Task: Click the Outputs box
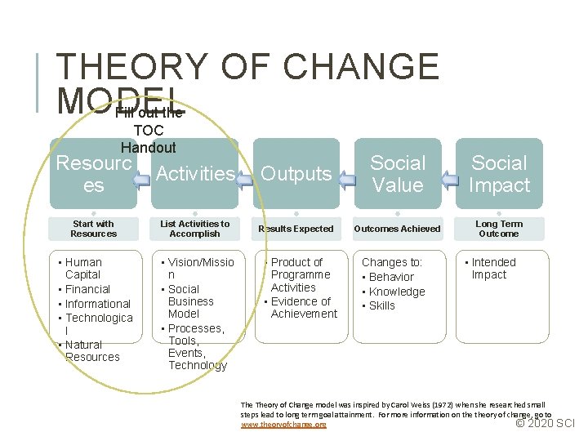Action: (296, 174)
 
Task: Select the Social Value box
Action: (398, 174)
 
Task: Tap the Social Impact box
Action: (499, 174)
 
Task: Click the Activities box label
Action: (194, 174)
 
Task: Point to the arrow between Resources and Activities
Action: (144, 173)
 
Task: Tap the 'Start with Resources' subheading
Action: (93, 229)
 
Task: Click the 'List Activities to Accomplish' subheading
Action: (194, 229)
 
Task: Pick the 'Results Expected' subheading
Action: (296, 229)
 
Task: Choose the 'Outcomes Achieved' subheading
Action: (397, 229)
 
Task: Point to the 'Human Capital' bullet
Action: (83, 269)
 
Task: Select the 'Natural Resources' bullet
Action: (91, 351)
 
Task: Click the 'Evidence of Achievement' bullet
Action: (302, 308)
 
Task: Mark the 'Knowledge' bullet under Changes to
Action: (397, 292)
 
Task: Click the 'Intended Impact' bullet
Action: (493, 269)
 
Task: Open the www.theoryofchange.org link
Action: (283, 425)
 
